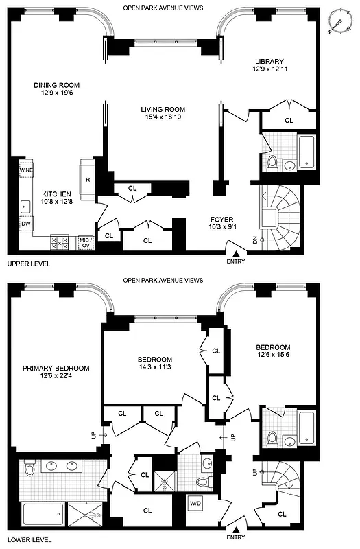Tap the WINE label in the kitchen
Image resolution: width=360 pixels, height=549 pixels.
(x=26, y=170)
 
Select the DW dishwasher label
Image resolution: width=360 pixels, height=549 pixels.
(x=25, y=223)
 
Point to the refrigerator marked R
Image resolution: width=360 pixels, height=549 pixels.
(x=88, y=180)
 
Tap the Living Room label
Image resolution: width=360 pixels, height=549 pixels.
(x=163, y=110)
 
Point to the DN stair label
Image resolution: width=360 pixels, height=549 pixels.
(x=254, y=240)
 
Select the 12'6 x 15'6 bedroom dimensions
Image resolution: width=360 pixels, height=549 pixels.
(x=273, y=355)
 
